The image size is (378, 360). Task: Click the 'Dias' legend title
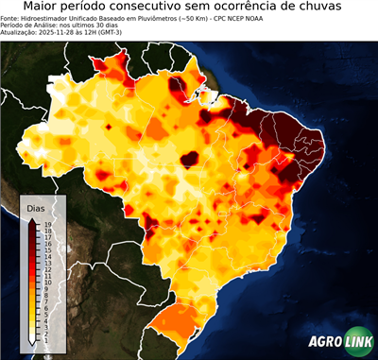coord(37,207)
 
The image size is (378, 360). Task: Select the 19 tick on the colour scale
coord(46,223)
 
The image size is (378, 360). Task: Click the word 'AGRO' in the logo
coord(325,344)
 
